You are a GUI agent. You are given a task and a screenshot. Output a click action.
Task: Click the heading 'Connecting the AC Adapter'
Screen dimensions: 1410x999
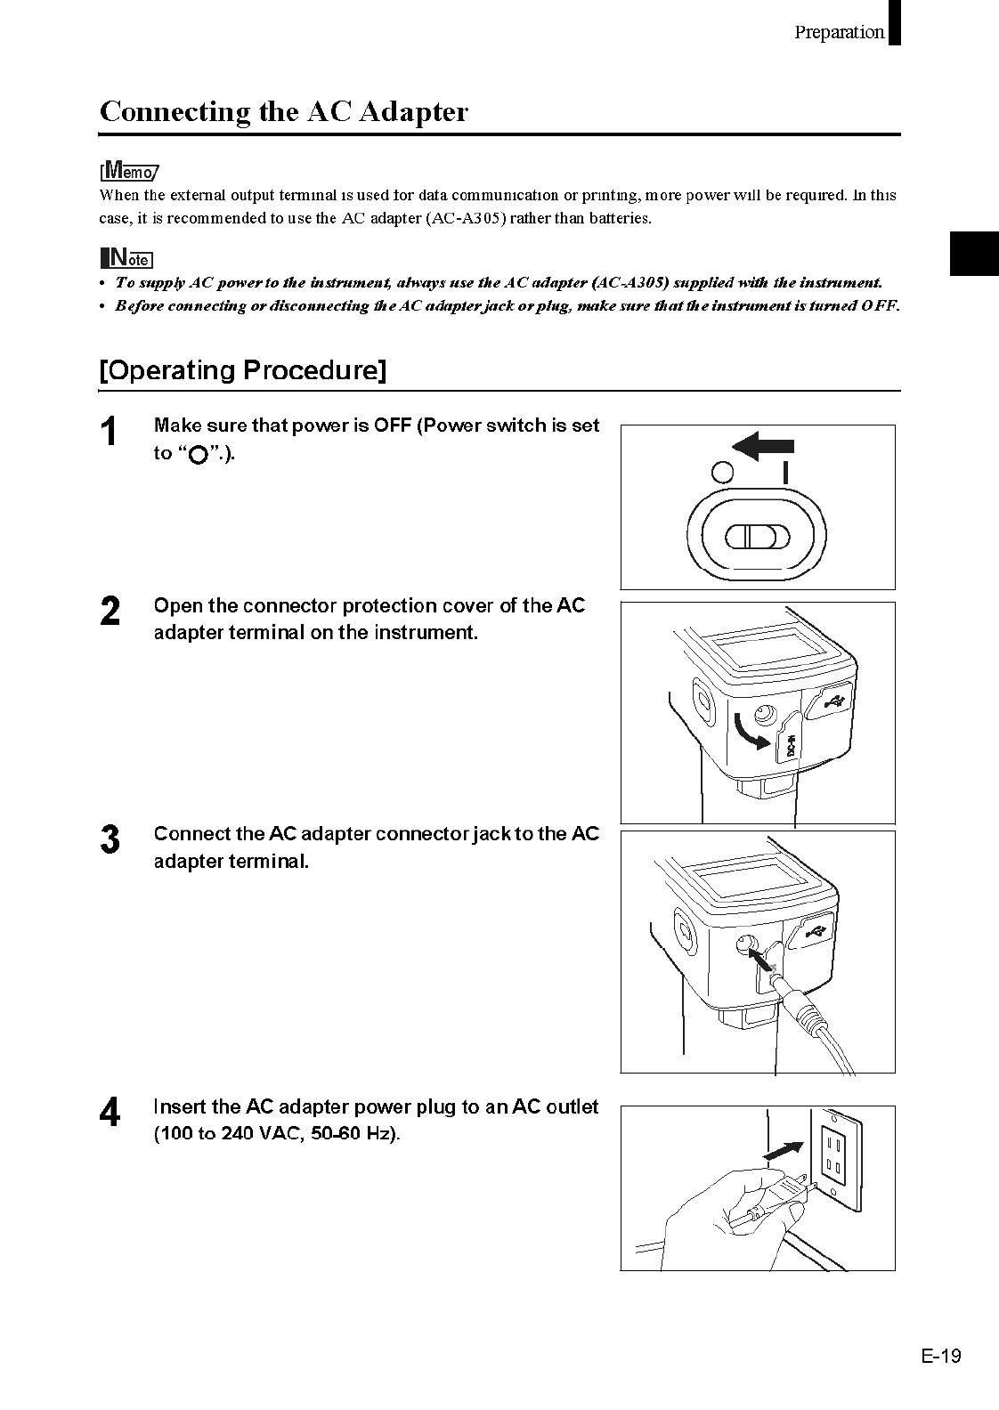(283, 112)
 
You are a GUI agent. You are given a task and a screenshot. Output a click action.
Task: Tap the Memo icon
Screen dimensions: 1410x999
(128, 170)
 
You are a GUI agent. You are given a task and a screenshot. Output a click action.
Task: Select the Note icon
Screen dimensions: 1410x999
(126, 259)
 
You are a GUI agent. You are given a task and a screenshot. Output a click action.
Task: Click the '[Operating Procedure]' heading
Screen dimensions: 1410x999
(243, 370)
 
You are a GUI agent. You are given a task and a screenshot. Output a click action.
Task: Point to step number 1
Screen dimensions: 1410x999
(109, 433)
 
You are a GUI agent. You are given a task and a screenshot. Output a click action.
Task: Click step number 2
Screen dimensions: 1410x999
(110, 612)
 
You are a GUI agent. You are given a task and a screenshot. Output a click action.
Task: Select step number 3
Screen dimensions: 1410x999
(110, 840)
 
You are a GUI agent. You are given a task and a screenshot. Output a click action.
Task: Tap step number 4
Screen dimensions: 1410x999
(110, 1114)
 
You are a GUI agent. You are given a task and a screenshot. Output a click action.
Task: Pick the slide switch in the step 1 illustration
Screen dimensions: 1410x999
(757, 537)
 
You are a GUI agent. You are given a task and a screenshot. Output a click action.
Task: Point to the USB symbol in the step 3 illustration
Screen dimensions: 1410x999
(816, 931)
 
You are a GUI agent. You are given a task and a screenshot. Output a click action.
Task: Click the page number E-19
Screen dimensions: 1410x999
(941, 1356)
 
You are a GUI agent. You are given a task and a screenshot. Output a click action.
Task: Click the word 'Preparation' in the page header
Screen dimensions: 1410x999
(839, 32)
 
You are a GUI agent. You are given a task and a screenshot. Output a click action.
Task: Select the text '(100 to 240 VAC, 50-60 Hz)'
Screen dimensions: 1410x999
(277, 1135)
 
